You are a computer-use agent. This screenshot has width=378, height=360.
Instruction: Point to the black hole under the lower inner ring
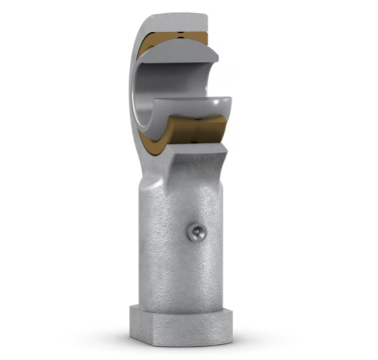pyautogui.click(x=202, y=117)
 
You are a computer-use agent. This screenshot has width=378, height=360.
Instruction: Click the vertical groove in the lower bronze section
pyautogui.click(x=199, y=130)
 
